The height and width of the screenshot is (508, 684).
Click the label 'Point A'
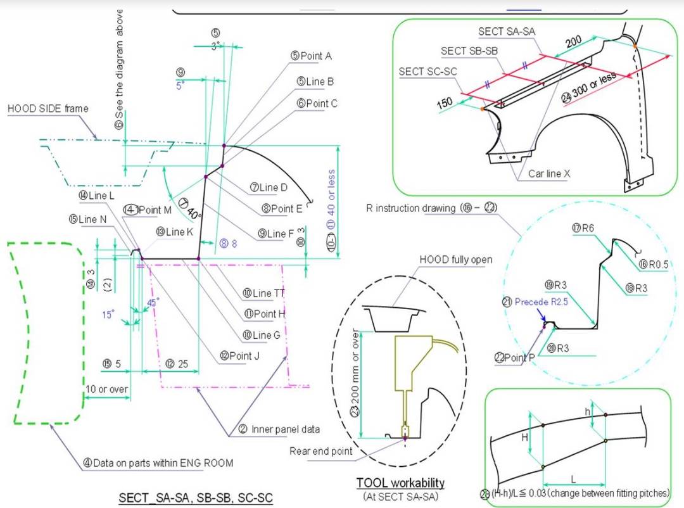tap(315, 56)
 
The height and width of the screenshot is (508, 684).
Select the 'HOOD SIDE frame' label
tap(47, 108)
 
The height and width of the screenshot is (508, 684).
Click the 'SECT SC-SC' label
tap(427, 72)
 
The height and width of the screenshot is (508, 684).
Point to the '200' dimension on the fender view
tap(573, 42)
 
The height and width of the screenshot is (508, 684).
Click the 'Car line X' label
tap(549, 174)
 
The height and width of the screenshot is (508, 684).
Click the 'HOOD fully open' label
tap(455, 260)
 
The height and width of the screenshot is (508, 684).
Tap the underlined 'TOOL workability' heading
tap(400, 483)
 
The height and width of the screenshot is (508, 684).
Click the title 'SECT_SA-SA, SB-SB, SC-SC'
tap(196, 498)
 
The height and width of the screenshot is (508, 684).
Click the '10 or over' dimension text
tap(107, 389)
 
